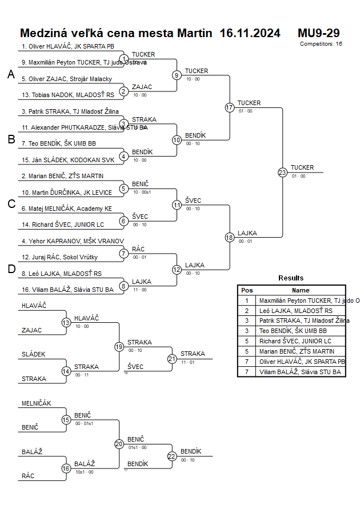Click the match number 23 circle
pyautogui.click(x=282, y=172)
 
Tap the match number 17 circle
pyautogui.click(x=230, y=107)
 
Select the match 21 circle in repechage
pyautogui.click(x=172, y=359)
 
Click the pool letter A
pyautogui.click(x=11, y=75)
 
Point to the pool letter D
pyautogui.click(x=11, y=269)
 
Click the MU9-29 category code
pyautogui.click(x=318, y=33)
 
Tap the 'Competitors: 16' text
pyautogui.click(x=321, y=43)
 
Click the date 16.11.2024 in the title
pyautogui.click(x=250, y=33)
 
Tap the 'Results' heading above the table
pyautogui.click(x=291, y=278)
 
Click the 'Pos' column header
pyautogui.click(x=247, y=290)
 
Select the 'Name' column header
pyautogui.click(x=301, y=290)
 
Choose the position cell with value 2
pyautogui.click(x=247, y=310)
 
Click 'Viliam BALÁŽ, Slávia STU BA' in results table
pyautogui.click(x=300, y=372)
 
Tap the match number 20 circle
pyautogui.click(x=119, y=443)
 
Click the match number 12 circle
pyautogui.click(x=177, y=269)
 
